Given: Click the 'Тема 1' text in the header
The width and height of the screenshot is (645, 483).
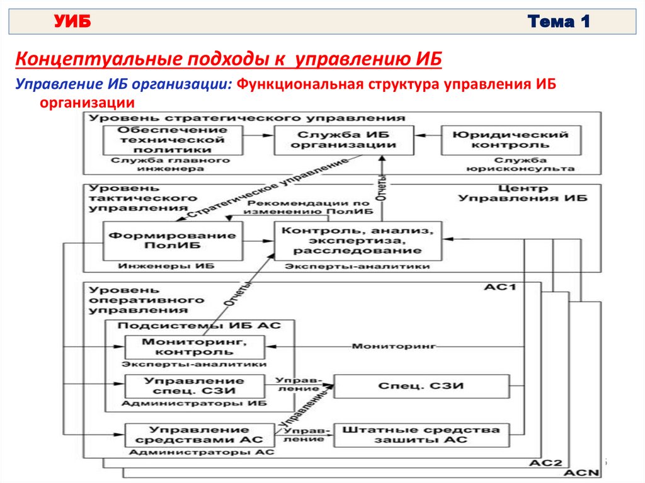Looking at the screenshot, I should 559,23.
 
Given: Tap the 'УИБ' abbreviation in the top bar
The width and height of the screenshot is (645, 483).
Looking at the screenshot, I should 72,23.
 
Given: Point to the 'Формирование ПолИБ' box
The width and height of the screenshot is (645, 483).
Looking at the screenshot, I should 173,241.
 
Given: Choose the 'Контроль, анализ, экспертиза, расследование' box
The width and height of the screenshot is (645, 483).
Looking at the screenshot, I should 357,241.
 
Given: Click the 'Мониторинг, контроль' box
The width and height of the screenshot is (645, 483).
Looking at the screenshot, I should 195,347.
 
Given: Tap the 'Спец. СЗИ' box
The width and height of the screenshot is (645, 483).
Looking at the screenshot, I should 421,385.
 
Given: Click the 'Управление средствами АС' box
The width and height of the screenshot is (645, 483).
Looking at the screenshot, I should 195,435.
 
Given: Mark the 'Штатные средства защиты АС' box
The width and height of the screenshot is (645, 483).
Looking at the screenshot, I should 421,435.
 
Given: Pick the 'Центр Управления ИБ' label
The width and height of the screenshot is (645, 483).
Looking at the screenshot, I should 522,193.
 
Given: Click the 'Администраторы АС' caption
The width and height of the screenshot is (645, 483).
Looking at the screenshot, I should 202,452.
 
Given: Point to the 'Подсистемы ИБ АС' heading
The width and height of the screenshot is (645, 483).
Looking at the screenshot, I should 200,326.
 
